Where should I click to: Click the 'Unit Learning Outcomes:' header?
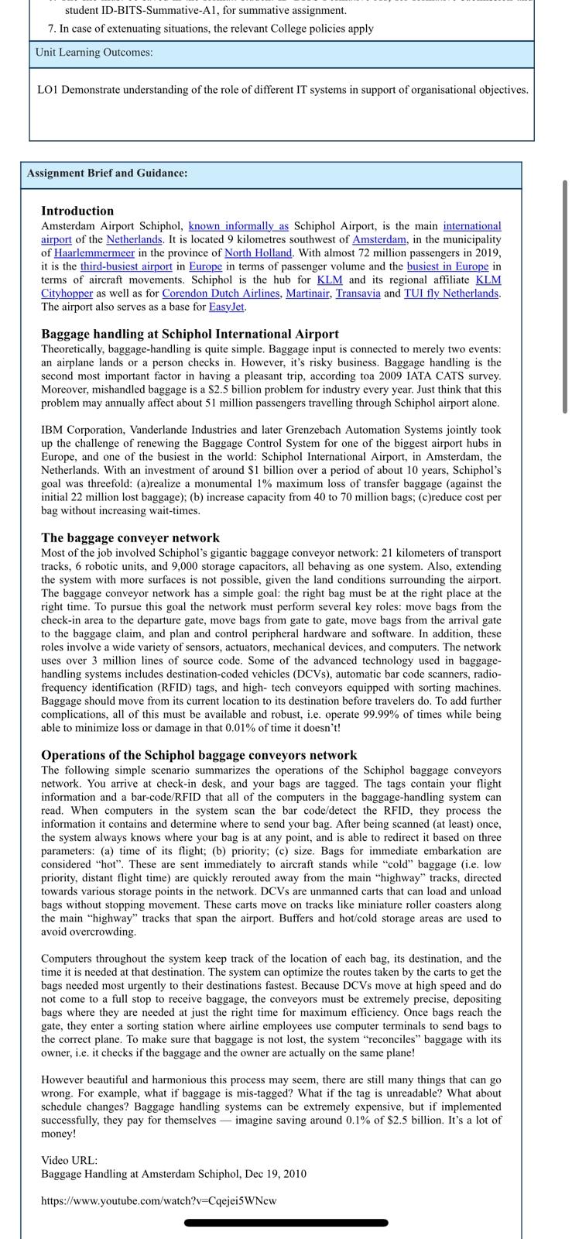tap(94, 53)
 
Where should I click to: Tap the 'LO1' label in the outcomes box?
tap(48, 90)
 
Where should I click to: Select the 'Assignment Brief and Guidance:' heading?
tap(107, 173)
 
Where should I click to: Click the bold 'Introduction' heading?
tap(77, 211)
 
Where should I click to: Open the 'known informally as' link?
tap(238, 226)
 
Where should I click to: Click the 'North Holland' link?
tap(258, 253)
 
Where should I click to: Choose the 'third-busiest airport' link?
tap(126, 266)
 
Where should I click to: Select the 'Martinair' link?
tap(307, 293)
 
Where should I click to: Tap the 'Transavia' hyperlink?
tap(358, 293)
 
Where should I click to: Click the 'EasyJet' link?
tap(227, 307)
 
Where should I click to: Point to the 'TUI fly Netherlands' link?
tap(451, 293)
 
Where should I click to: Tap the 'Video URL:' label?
tap(70, 1161)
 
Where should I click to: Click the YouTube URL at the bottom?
tap(159, 1201)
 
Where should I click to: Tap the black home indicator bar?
tap(286, 1223)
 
